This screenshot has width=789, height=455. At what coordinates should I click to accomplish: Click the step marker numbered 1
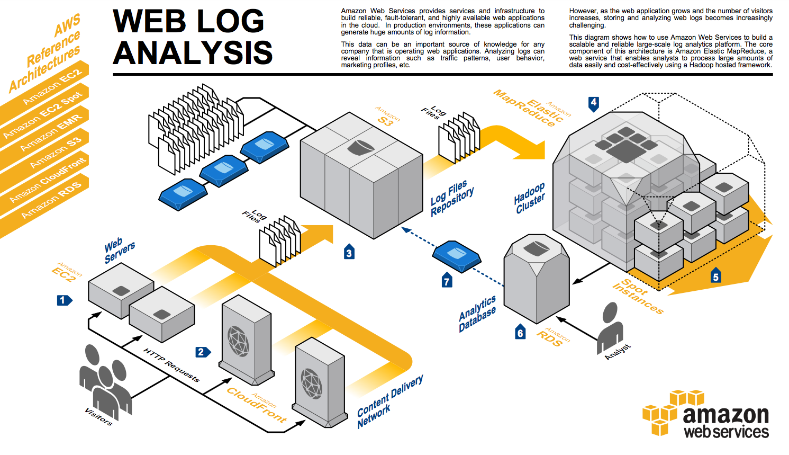click(x=65, y=300)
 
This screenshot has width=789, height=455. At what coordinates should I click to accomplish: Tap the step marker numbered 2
click(x=203, y=352)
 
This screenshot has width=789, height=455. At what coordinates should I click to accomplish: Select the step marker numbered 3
click(x=349, y=252)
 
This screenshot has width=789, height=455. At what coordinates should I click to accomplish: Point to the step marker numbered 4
click(x=594, y=104)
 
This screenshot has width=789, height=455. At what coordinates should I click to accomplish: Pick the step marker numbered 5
click(x=716, y=275)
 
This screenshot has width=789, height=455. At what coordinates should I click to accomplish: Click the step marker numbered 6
click(x=520, y=331)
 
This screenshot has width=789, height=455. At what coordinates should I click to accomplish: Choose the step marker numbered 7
click(x=447, y=280)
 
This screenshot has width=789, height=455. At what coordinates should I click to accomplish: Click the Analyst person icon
click(x=610, y=327)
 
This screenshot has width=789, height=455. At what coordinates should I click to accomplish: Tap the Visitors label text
click(x=98, y=417)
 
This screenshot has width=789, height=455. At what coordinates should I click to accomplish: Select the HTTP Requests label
click(x=171, y=365)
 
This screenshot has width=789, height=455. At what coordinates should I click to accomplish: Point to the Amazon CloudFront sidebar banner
click(x=44, y=183)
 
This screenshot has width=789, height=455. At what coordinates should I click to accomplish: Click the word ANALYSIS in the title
click(x=193, y=52)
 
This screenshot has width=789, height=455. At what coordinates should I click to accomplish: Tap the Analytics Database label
click(x=477, y=314)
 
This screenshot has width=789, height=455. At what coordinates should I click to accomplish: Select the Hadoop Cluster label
click(x=529, y=198)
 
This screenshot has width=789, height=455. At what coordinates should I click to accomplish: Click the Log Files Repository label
click(x=452, y=198)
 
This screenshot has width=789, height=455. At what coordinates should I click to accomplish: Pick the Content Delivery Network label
click(x=390, y=401)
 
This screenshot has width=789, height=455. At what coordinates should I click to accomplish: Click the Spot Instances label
click(x=638, y=296)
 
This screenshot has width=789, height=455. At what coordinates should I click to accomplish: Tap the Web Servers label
click(x=120, y=250)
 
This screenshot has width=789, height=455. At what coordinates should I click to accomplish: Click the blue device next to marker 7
click(x=457, y=256)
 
